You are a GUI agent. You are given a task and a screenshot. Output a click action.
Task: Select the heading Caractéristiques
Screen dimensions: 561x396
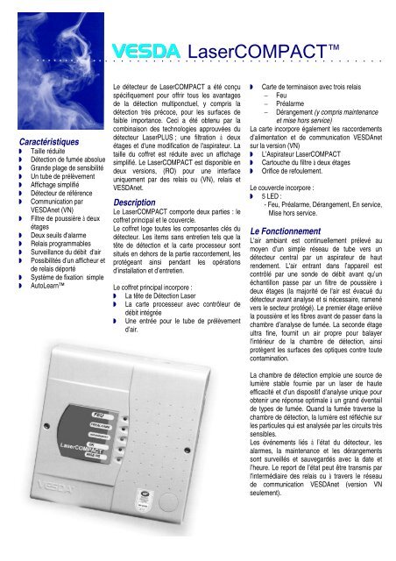49,139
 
